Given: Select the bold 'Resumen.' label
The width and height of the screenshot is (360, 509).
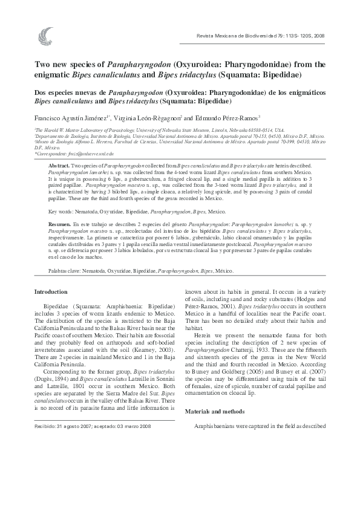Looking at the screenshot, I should [x=59, y=224].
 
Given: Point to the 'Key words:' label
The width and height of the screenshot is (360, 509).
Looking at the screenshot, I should [x=61, y=212].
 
